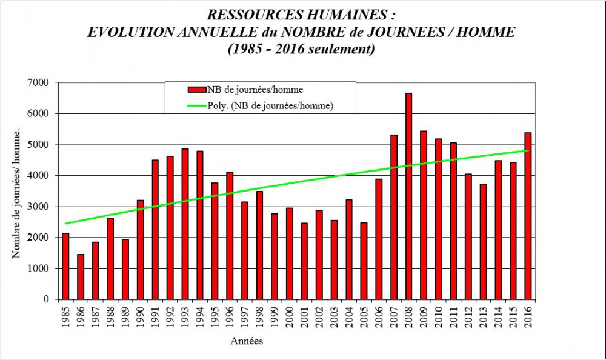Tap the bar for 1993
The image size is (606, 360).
click(185, 224)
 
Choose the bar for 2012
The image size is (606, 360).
click(468, 236)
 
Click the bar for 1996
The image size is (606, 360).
click(230, 236)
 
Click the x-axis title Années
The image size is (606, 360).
click(247, 341)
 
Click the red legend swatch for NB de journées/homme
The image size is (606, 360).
click(197, 90)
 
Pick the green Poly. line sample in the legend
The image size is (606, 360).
click(197, 105)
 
